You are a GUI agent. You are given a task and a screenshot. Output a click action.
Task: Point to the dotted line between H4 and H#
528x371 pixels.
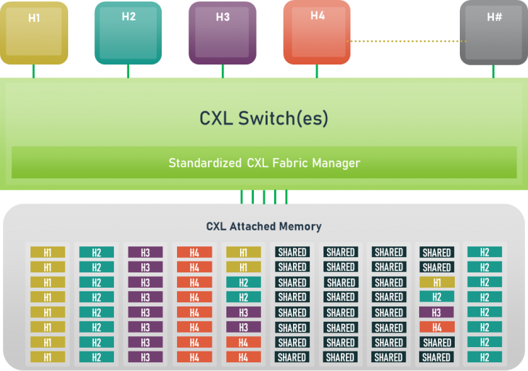tap(405, 41)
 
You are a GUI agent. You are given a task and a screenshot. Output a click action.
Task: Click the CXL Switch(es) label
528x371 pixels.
tap(264, 118)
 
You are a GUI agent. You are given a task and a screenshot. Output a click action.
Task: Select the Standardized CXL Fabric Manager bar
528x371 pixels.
tap(264, 163)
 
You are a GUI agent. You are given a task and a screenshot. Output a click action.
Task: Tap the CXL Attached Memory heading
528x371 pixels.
tap(264, 226)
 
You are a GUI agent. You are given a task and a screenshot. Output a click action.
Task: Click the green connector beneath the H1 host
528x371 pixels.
tap(34, 71)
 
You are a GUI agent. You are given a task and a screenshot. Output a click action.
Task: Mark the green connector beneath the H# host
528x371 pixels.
tap(493, 71)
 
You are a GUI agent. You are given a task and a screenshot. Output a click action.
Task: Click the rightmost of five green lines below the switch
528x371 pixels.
tap(286, 196)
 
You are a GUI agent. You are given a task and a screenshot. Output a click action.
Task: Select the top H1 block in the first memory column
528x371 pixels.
tap(48, 252)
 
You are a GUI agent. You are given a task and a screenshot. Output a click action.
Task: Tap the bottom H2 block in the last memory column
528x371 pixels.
tap(484, 357)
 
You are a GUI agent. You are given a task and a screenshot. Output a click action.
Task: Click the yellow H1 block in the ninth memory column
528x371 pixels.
tap(437, 283)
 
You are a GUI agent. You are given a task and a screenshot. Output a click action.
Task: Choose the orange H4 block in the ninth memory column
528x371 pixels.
tap(437, 328)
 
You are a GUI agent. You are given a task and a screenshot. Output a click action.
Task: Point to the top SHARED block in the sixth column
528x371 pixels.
tap(292, 252)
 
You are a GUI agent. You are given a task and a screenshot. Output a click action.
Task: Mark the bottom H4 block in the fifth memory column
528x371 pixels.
tap(243, 357)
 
